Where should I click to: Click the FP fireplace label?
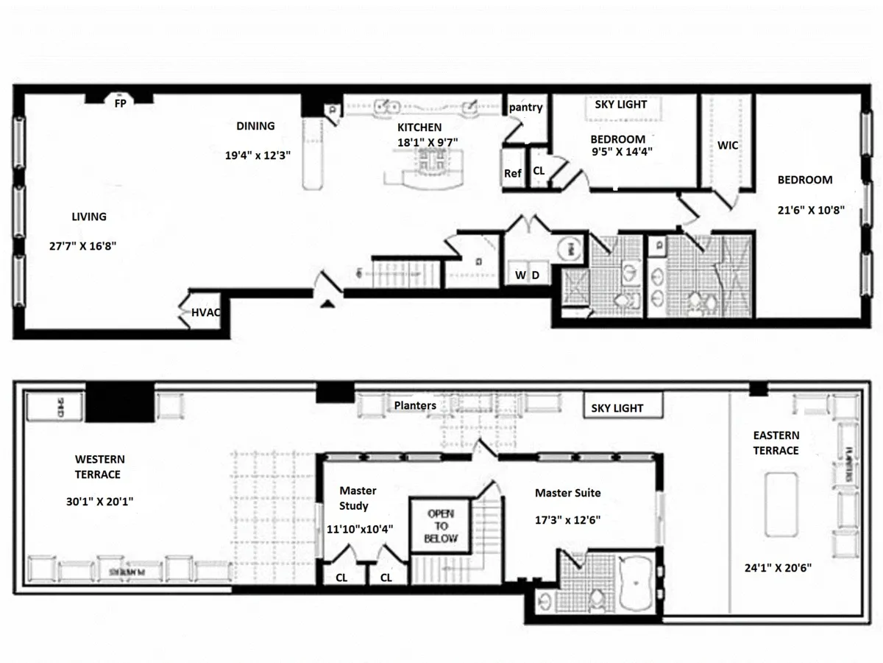pos(120,104)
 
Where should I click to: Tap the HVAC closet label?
pos(207,312)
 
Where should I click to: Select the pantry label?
pos(525,108)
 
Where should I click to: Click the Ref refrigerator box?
pos(513,172)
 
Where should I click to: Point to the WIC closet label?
pos(727,146)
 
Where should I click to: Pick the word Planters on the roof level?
pos(414,405)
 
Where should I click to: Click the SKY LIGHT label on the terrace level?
pos(617,407)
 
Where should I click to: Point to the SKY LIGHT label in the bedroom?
pos(620,105)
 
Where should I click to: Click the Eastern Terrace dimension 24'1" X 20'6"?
pos(777,568)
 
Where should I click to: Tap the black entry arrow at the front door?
pos(328,302)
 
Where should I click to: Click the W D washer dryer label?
pos(528,275)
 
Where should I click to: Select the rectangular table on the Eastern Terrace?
pos(781,504)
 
